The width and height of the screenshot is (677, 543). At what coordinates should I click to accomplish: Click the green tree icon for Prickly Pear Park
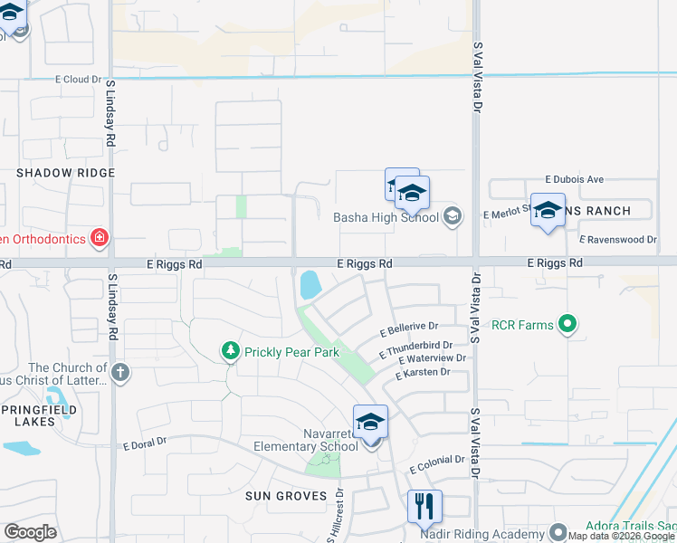click(x=231, y=350)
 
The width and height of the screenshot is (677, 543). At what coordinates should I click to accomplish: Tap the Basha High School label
click(x=386, y=217)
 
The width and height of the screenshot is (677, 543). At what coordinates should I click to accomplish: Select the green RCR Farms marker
click(x=567, y=324)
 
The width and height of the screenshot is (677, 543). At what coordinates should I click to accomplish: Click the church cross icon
click(x=120, y=372)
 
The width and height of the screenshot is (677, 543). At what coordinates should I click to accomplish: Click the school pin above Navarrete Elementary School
click(x=370, y=424)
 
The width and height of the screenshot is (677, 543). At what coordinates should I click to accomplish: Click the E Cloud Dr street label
click(x=77, y=80)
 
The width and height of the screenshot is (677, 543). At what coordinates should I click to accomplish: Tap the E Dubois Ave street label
click(x=574, y=180)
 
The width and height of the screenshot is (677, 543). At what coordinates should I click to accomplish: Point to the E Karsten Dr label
click(x=422, y=373)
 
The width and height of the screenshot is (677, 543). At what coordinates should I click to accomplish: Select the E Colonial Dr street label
click(x=436, y=464)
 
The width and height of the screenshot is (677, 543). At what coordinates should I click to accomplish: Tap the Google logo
click(x=30, y=532)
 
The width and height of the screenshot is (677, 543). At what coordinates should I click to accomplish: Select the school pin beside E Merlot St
click(x=548, y=211)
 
